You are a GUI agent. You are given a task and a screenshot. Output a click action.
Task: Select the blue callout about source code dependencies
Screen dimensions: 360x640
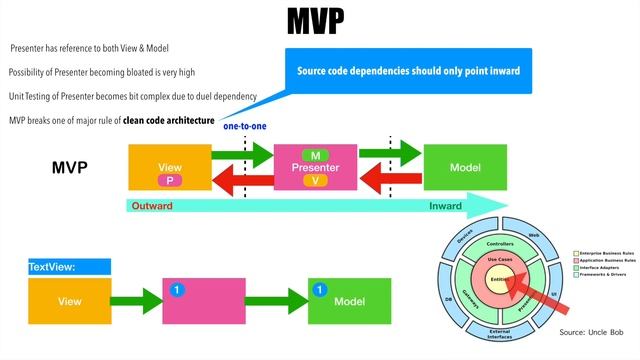click(x=407, y=72)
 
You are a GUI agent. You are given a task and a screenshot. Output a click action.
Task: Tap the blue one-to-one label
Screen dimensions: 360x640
click(x=244, y=126)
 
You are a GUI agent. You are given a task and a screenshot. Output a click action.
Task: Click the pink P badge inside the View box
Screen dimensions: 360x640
click(x=169, y=179)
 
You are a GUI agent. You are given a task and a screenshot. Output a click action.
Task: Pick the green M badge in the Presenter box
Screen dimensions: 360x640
click(x=315, y=155)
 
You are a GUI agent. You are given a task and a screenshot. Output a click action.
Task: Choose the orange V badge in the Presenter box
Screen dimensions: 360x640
click(x=315, y=180)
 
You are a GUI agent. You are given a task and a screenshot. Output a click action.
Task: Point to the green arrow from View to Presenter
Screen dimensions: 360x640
click(x=243, y=155)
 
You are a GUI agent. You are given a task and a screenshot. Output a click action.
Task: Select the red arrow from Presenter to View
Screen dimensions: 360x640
click(x=242, y=180)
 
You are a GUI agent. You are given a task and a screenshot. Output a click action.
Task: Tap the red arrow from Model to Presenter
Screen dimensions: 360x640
click(x=388, y=180)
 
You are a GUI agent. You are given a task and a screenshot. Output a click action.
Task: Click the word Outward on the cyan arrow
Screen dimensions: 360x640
click(x=152, y=206)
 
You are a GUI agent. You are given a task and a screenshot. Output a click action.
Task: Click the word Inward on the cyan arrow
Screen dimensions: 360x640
click(x=445, y=206)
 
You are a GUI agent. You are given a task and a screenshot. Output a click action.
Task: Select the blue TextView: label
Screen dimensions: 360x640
click(x=53, y=267)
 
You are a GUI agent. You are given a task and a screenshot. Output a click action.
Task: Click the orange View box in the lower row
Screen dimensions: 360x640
click(x=70, y=301)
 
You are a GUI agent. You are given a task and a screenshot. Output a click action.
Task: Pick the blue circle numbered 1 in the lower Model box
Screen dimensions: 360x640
click(x=321, y=291)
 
